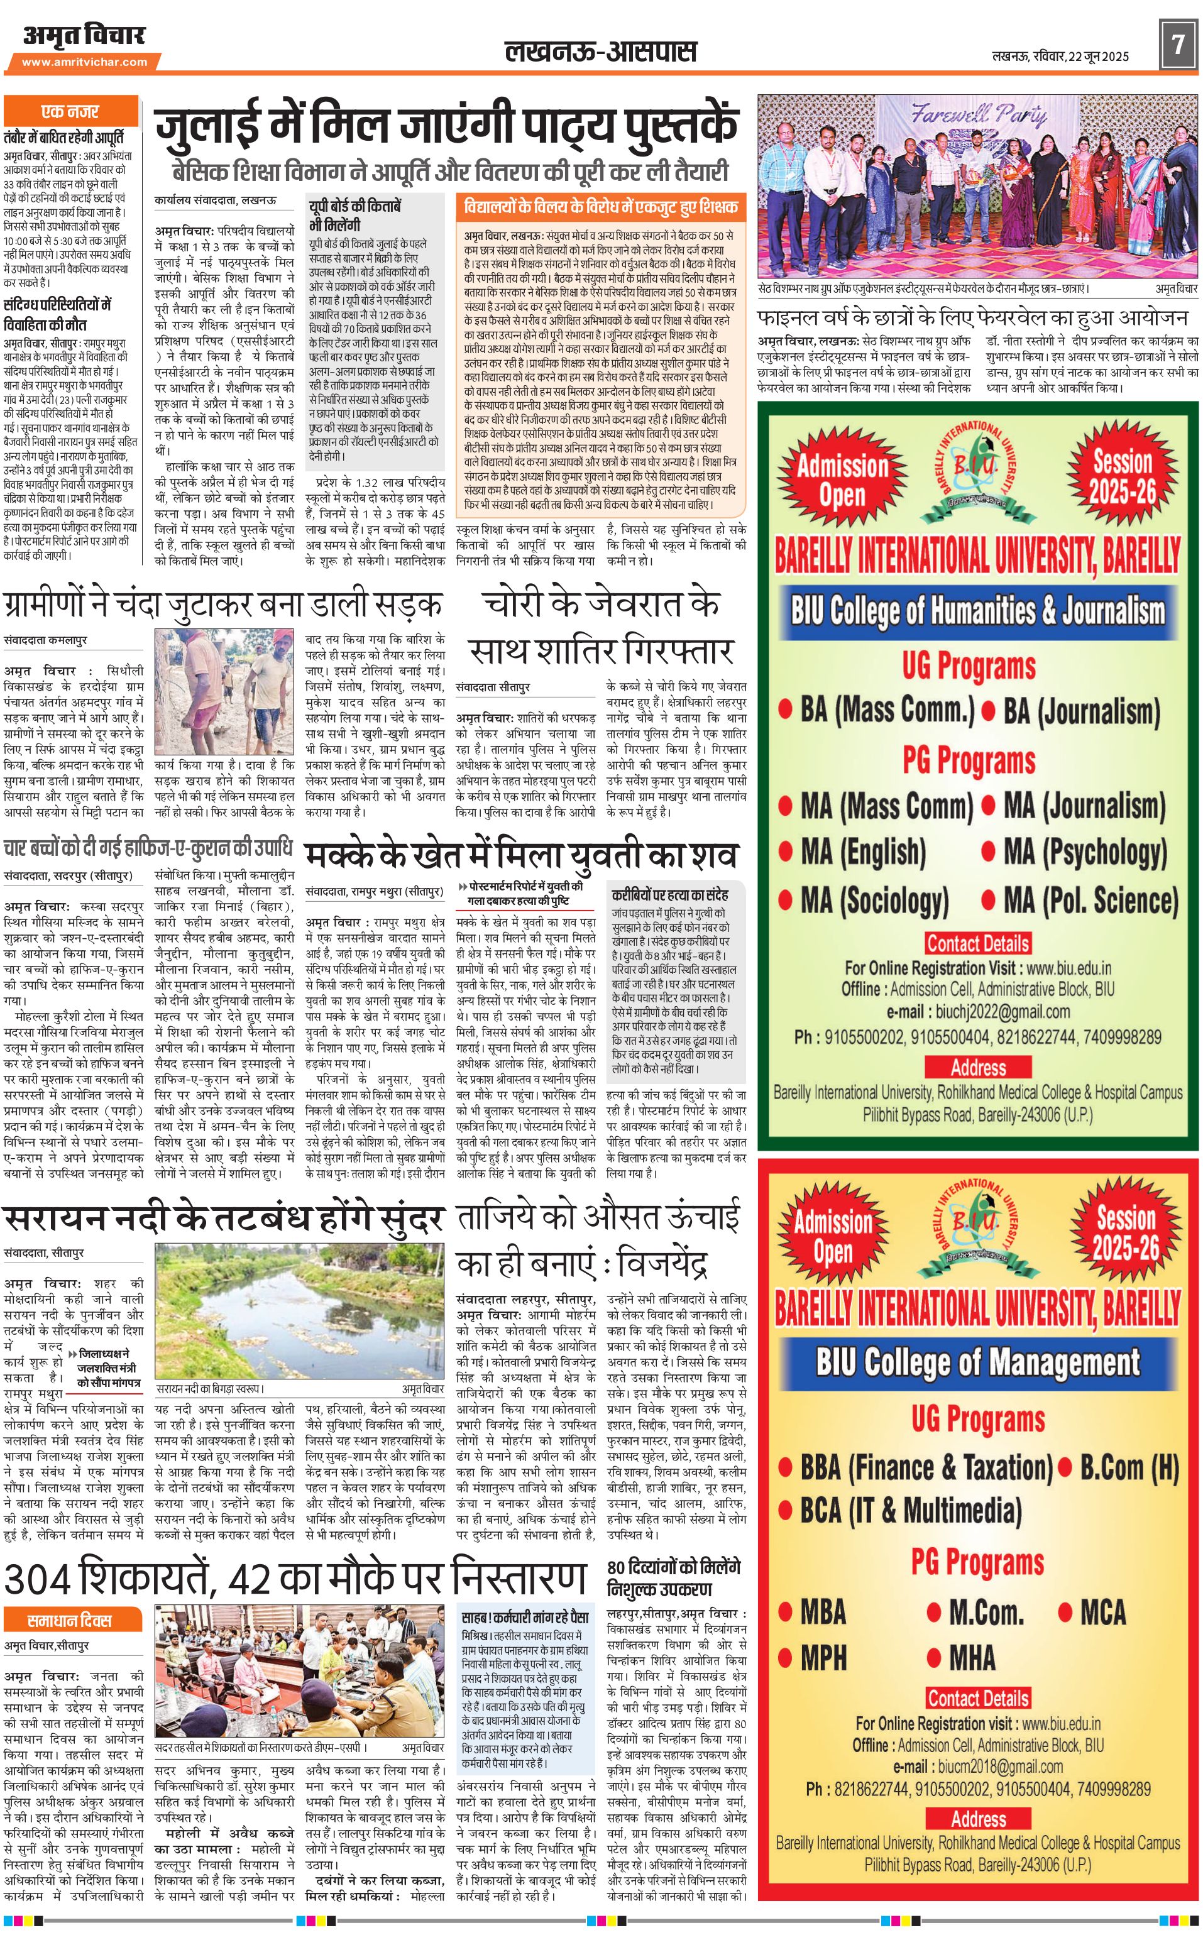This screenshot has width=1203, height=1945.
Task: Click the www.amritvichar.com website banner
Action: [84, 62]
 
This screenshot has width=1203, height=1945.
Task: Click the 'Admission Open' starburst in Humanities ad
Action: [842, 479]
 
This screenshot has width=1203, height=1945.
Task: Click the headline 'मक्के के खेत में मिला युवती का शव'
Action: [521, 856]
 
